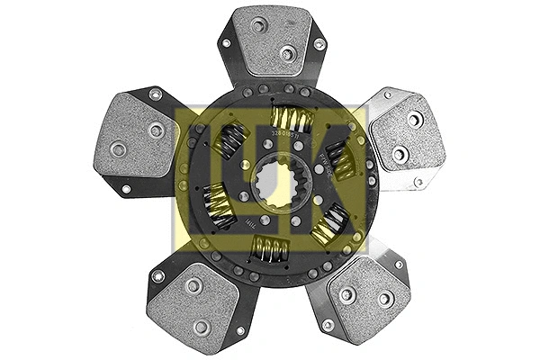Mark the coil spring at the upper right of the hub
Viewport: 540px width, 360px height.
[337, 157]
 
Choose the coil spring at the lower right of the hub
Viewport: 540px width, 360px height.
[329, 220]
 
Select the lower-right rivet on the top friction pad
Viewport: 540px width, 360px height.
[287, 54]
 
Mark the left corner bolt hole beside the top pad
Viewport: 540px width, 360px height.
[225, 42]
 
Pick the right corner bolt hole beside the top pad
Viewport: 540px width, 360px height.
[319, 43]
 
